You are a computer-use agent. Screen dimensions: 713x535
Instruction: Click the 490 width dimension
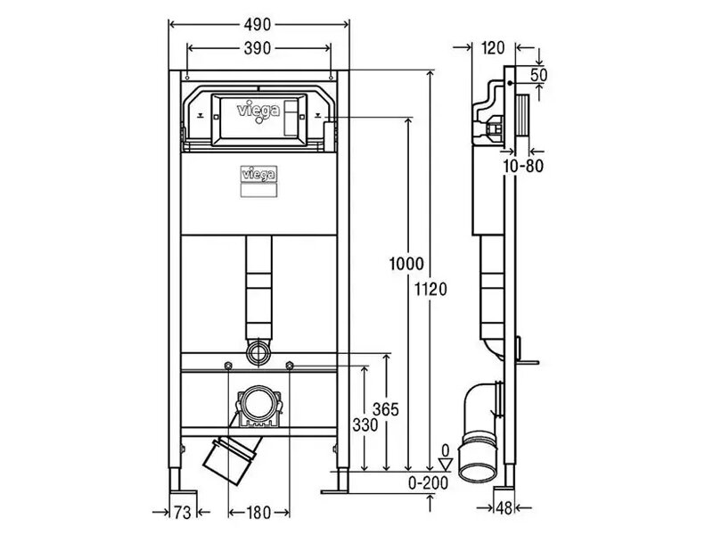[258, 25]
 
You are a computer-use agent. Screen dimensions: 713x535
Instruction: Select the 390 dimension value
[258, 48]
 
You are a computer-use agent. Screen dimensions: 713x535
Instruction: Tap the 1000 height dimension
[406, 264]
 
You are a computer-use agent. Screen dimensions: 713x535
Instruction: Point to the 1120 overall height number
[430, 289]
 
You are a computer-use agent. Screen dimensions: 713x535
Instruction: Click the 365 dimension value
[386, 409]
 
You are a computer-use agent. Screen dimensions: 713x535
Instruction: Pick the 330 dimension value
[365, 425]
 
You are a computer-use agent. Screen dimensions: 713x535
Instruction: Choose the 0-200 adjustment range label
[428, 482]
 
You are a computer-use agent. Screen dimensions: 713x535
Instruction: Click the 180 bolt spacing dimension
[258, 513]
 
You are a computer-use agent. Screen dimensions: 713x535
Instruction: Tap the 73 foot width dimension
[183, 513]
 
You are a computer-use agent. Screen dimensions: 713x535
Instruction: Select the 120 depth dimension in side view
[493, 48]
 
